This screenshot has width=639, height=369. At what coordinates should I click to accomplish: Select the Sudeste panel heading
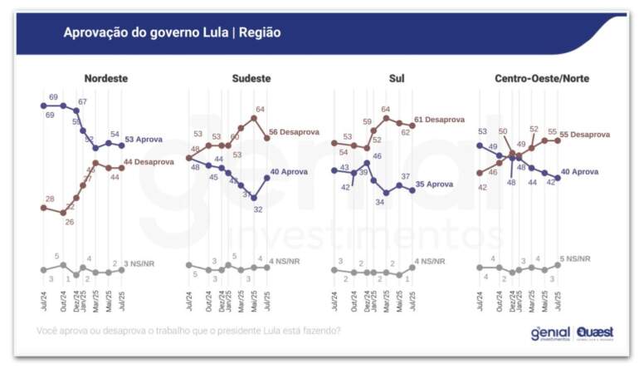click(250, 79)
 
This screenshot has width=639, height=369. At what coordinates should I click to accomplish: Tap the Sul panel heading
click(396, 79)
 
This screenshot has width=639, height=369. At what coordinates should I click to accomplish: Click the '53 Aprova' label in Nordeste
click(144, 140)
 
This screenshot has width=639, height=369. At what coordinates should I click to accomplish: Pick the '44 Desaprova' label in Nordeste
click(149, 162)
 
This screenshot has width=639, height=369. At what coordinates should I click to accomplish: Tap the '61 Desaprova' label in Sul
click(439, 120)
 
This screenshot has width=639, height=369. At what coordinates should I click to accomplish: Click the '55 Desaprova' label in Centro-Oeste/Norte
click(585, 135)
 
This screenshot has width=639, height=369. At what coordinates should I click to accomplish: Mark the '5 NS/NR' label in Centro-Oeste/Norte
click(576, 259)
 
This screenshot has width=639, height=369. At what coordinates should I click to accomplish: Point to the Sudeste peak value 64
click(260, 109)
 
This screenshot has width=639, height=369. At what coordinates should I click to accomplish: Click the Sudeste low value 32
click(258, 209)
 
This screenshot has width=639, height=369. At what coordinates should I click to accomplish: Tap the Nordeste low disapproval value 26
click(70, 222)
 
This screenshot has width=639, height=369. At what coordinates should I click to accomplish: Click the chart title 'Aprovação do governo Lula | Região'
click(172, 32)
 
